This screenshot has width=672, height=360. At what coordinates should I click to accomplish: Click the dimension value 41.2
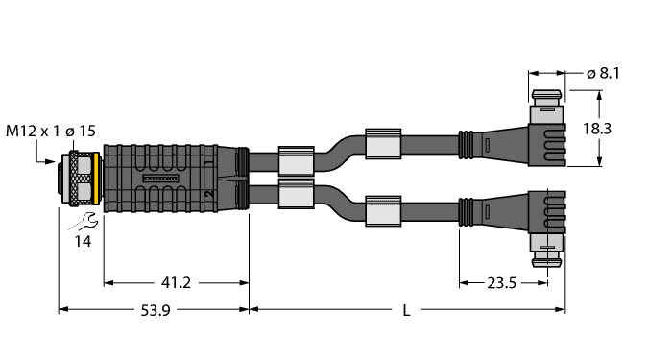pyautogui.click(x=176, y=282)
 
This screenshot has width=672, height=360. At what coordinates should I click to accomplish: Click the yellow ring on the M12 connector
pyautogui.click(x=83, y=178)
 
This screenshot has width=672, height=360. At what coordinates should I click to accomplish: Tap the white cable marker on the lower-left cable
pyautogui.click(x=295, y=196)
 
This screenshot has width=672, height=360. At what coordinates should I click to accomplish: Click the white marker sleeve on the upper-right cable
pyautogui.click(x=382, y=142)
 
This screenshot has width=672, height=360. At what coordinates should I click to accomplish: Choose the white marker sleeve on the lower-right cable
pyautogui.click(x=382, y=210)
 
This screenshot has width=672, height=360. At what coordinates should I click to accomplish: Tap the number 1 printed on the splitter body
pyautogui.click(x=207, y=163)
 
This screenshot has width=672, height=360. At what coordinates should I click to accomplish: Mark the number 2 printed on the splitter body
pyautogui.click(x=207, y=195)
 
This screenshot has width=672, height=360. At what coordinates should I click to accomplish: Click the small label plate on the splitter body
pyautogui.click(x=158, y=179)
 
